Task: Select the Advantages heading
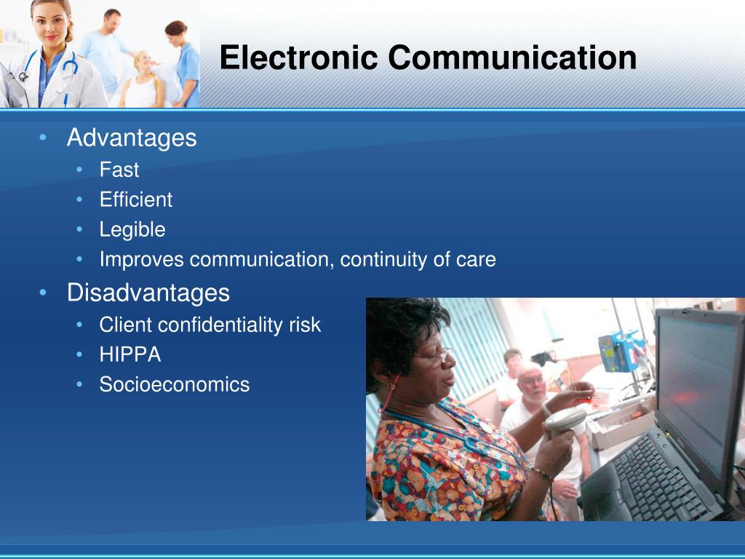click(132, 138)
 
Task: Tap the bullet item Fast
click(119, 170)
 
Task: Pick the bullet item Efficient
click(136, 200)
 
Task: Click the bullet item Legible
click(132, 230)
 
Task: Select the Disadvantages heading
click(148, 293)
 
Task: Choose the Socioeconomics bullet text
click(175, 385)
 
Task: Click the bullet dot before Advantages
click(44, 138)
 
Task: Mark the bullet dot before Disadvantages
click(44, 293)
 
